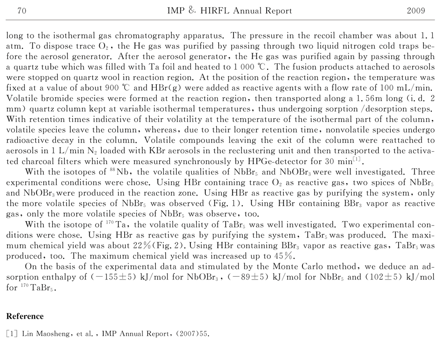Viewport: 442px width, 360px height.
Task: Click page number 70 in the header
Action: [x=21, y=11]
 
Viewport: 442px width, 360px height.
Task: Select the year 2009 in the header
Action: [x=415, y=11]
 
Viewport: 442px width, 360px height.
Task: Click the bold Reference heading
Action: [x=25, y=316]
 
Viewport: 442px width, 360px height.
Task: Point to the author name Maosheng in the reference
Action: [x=50, y=333]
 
